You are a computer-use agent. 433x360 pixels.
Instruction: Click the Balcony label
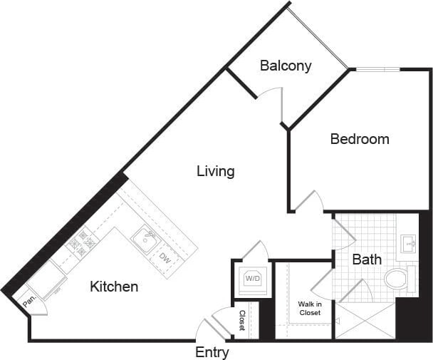tap(286, 66)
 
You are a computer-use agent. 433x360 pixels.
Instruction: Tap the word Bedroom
tap(360, 139)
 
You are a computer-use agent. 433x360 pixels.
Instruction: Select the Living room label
tap(216, 171)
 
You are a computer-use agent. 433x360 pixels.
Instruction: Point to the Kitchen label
tap(114, 287)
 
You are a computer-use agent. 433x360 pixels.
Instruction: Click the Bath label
tap(367, 259)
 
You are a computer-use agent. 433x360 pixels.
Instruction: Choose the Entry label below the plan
tap(212, 352)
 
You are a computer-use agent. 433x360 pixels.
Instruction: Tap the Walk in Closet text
tap(311, 309)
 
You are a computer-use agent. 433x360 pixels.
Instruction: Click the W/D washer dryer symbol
tap(252, 279)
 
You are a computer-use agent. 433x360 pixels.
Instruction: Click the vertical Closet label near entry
tap(243, 320)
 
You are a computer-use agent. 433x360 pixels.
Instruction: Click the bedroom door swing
tap(310, 202)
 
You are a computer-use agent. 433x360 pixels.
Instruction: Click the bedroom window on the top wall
tap(377, 69)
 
